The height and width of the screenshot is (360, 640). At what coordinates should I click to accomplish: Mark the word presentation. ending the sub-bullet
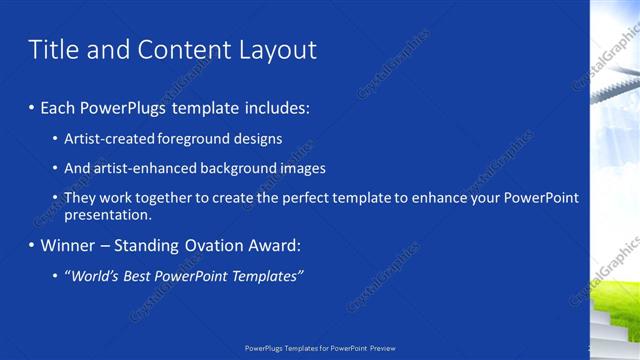pos(108,214)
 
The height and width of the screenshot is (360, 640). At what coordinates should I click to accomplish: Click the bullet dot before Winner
pos(32,245)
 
